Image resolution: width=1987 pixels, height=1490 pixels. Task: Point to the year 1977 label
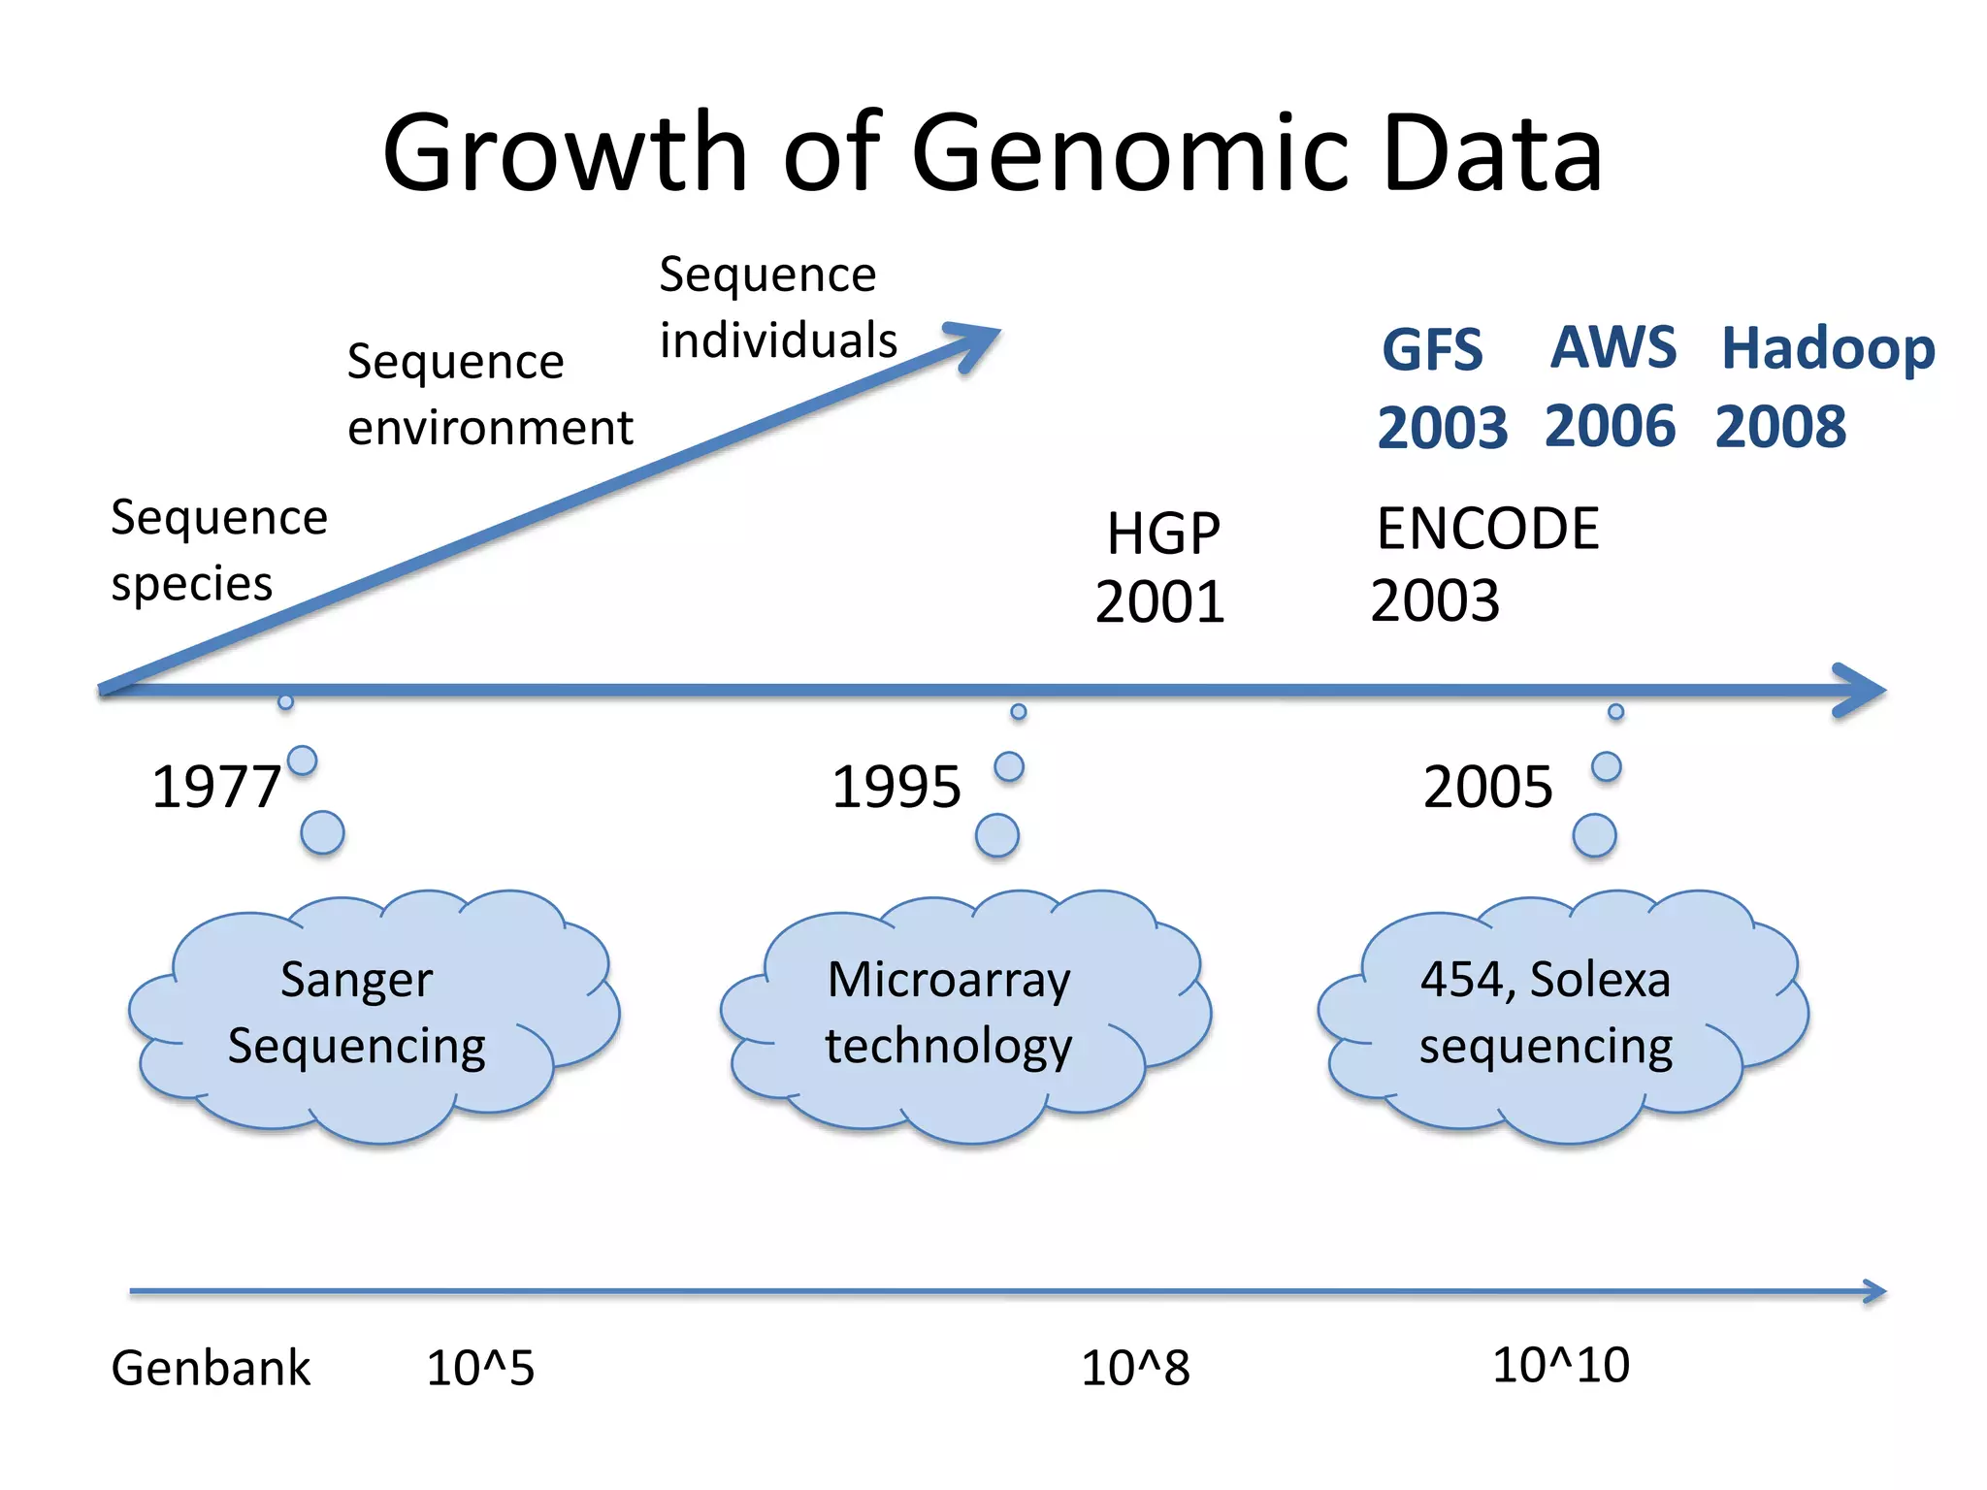[x=216, y=787]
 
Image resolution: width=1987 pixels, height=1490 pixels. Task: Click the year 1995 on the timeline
[x=896, y=787]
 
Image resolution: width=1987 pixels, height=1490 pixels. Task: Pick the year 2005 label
[x=1487, y=787]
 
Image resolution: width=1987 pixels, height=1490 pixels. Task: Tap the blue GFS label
[x=1432, y=350]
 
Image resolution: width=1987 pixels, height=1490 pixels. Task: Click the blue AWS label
[x=1612, y=347]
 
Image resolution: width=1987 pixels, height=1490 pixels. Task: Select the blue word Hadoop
[x=1828, y=348]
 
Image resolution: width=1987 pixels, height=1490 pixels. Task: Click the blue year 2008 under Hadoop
[x=1780, y=427]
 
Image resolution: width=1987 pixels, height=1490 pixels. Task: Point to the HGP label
[x=1163, y=534]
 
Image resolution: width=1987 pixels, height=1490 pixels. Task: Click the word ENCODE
[x=1487, y=530]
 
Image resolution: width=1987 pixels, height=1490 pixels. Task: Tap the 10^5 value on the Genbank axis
[x=480, y=1368]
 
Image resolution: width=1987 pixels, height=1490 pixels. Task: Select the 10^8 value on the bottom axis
[x=1135, y=1368]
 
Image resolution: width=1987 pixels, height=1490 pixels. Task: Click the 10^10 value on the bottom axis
[x=1560, y=1365]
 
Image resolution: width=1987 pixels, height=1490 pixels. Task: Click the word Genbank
[x=211, y=1368]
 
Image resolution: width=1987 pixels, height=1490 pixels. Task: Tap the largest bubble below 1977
[x=322, y=832]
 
